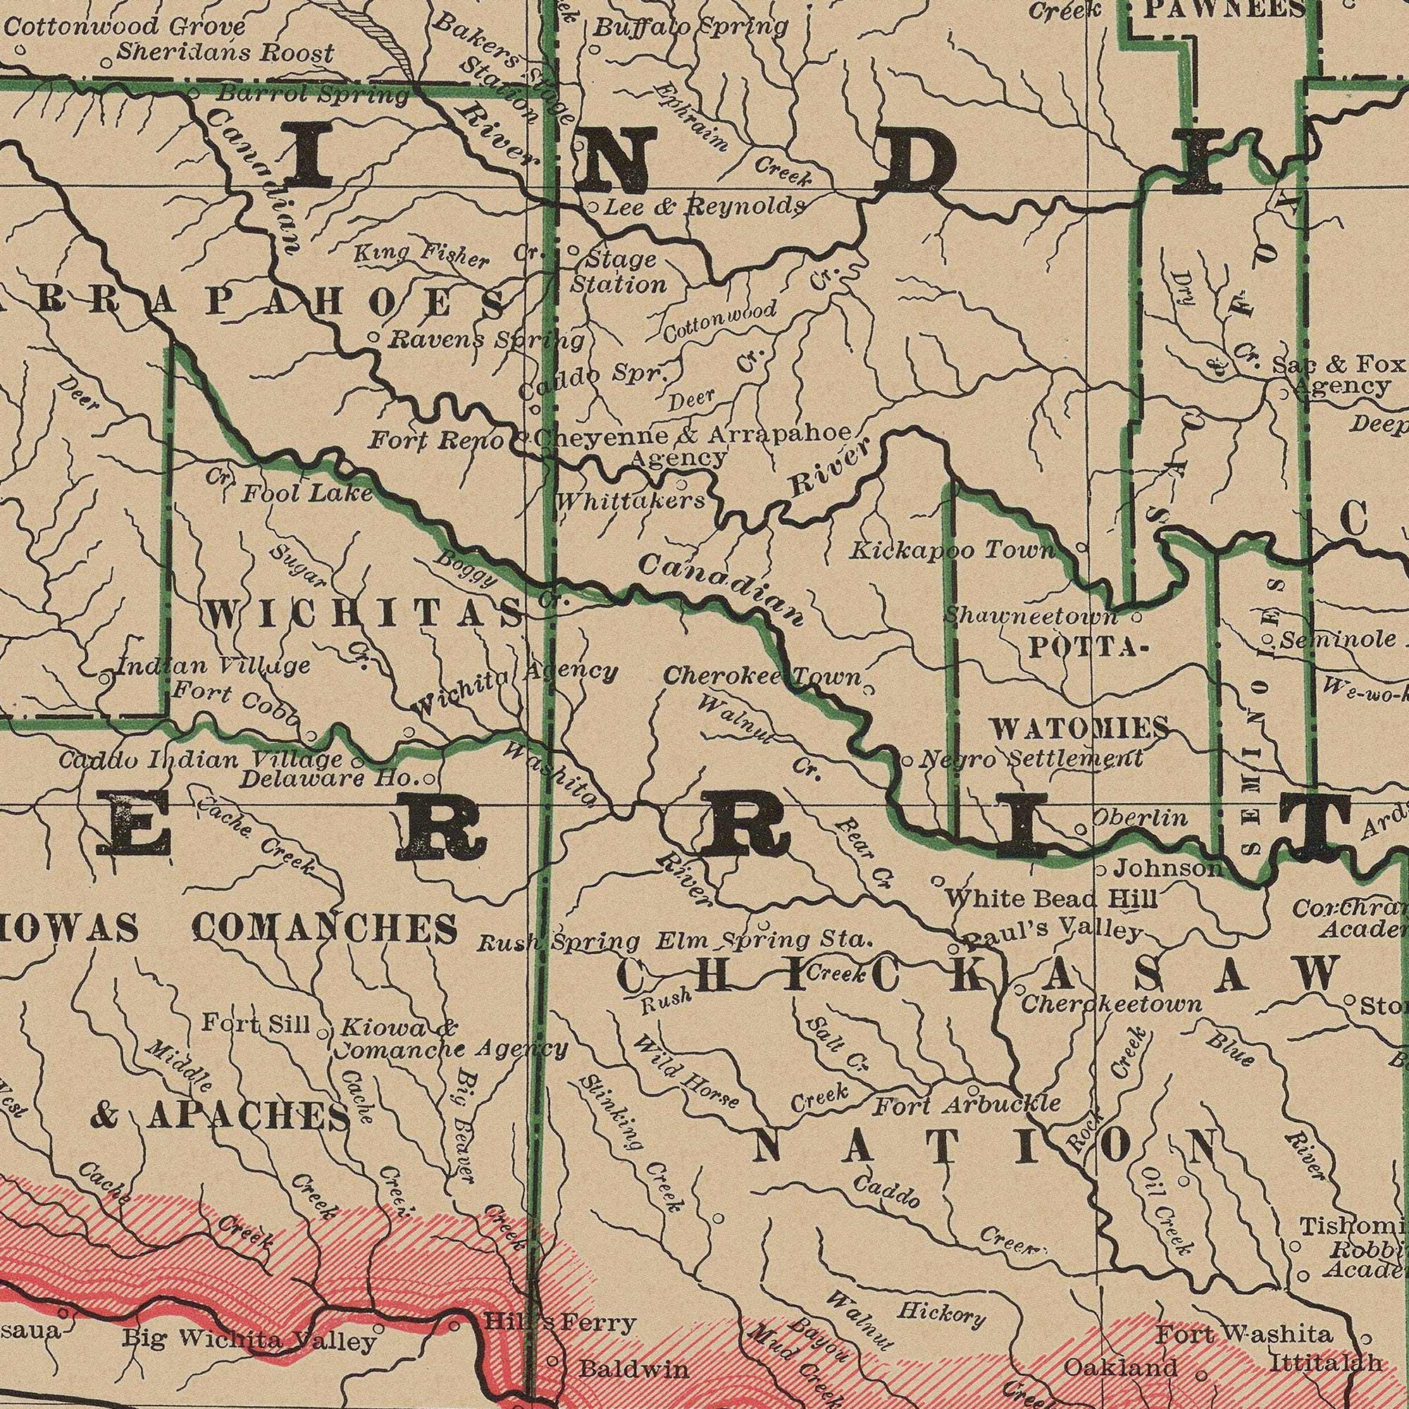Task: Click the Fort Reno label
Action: (x=436, y=440)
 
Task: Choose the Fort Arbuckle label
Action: (x=967, y=1105)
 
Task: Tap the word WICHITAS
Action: (x=364, y=597)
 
